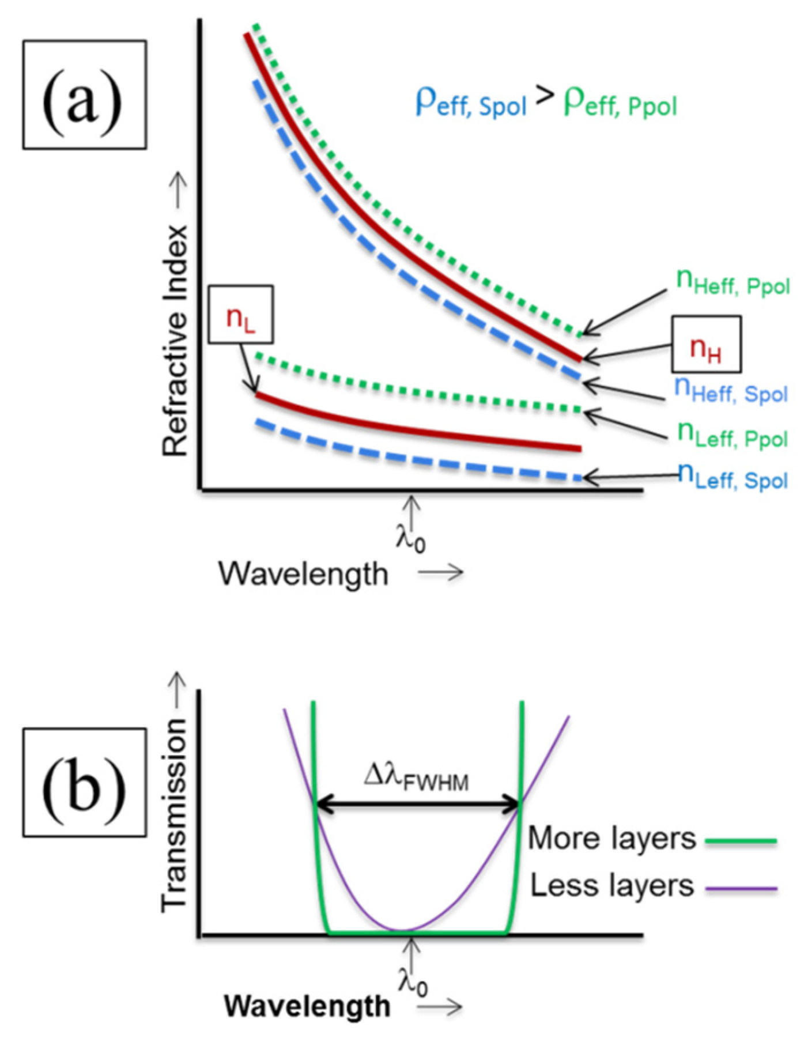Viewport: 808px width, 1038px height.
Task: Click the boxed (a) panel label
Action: click(84, 95)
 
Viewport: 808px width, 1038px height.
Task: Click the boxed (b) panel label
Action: click(84, 782)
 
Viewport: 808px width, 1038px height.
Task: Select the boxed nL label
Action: click(240, 315)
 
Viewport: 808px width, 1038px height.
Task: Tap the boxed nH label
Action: click(706, 344)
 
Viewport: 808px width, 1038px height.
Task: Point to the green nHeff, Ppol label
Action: click(733, 283)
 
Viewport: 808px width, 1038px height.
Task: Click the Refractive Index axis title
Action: click(175, 340)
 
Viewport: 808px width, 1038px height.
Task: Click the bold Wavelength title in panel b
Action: click(307, 1006)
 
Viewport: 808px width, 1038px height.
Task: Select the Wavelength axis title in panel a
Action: click(303, 573)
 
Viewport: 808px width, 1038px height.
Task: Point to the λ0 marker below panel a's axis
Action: click(411, 538)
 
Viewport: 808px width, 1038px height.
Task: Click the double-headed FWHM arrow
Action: click(418, 803)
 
